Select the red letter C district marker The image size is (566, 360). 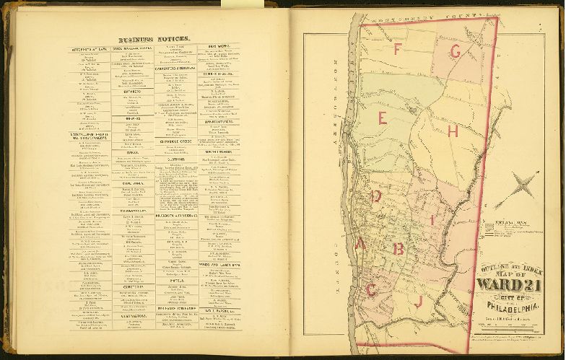pyautogui.click(x=372, y=289)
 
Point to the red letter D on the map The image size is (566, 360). pyautogui.click(x=376, y=196)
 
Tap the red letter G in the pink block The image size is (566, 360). pyautogui.click(x=455, y=51)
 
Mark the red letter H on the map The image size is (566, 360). pyautogui.click(x=453, y=131)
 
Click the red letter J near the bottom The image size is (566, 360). pyautogui.click(x=418, y=302)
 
